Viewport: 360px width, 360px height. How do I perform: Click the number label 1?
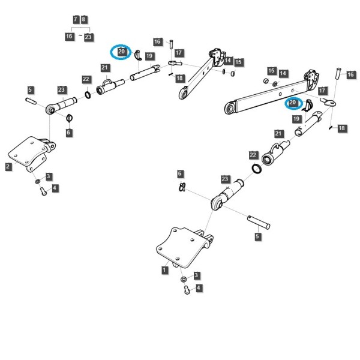pyautogui.click(x=164, y=270)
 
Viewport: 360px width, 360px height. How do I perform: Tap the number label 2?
pyautogui.click(x=8, y=166)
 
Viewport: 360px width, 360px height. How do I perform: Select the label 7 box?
pyautogui.click(x=76, y=19)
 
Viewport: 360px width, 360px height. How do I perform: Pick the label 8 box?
pyautogui.click(x=83, y=19)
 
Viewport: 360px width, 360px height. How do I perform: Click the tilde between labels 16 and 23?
pyautogui.click(x=80, y=35)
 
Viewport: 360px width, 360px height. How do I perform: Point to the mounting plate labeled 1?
pyautogui.click(x=184, y=247)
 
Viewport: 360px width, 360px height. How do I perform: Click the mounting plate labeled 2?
pyautogui.click(x=31, y=152)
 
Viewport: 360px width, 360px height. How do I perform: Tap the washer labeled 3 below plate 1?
pyautogui.click(x=184, y=280)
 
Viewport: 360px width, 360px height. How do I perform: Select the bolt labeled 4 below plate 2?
pyautogui.click(x=43, y=191)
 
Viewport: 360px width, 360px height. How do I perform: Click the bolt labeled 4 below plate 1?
pyautogui.click(x=187, y=290)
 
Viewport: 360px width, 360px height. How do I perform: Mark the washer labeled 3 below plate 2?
pyautogui.click(x=37, y=182)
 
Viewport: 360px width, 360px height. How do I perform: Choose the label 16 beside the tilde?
pyautogui.click(x=69, y=36)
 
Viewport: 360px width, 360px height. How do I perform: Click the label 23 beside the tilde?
pyautogui.click(x=88, y=37)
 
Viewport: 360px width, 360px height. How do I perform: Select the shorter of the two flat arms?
pyautogui.click(x=202, y=74)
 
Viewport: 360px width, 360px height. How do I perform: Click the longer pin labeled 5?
pyautogui.click(x=259, y=222)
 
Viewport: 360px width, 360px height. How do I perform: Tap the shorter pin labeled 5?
pyautogui.click(x=31, y=101)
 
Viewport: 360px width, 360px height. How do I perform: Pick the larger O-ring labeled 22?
pyautogui.click(x=257, y=169)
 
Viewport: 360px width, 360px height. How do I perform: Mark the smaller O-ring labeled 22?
pyautogui.click(x=88, y=95)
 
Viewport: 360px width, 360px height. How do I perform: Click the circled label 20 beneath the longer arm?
pyautogui.click(x=293, y=103)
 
